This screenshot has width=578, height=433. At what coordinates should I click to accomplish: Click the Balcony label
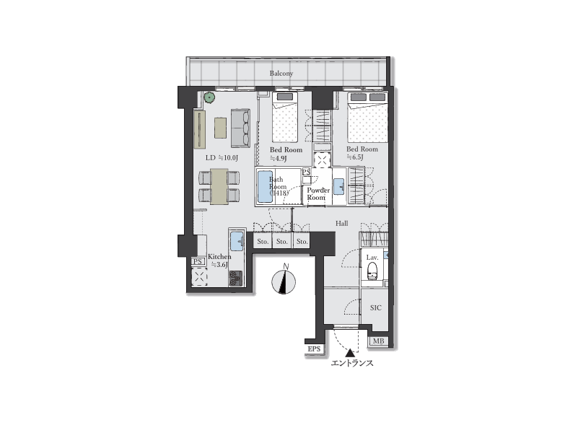[x=281, y=74]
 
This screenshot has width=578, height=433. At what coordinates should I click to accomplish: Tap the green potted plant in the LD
[x=209, y=97]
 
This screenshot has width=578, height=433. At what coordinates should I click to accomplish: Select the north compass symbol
[x=284, y=282]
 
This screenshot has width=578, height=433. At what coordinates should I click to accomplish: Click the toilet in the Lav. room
[x=372, y=271]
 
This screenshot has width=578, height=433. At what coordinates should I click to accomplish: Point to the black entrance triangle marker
[x=350, y=353]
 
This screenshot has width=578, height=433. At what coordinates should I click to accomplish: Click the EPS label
[x=314, y=349]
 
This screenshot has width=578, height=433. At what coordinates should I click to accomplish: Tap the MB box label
[x=379, y=341]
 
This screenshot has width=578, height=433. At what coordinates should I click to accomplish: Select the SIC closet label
[x=376, y=307]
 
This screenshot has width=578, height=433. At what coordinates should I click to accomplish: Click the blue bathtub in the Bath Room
[x=265, y=186]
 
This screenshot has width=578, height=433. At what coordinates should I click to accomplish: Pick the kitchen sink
[x=237, y=241]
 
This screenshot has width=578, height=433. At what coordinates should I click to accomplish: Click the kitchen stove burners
[x=235, y=279]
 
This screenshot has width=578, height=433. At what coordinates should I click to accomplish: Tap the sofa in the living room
[x=241, y=128]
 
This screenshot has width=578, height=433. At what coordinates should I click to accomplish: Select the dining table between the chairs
[x=219, y=186]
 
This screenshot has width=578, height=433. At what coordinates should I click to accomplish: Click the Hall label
[x=342, y=223]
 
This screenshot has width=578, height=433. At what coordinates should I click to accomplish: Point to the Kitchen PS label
[x=198, y=262]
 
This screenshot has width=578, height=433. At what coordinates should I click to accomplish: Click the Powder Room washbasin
[x=338, y=186]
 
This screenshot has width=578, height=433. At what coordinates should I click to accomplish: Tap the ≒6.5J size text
[x=355, y=157]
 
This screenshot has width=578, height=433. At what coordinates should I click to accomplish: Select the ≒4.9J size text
[x=279, y=159]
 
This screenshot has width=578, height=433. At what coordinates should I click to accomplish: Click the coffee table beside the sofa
[x=220, y=128]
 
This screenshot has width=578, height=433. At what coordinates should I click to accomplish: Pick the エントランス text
[x=352, y=363]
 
